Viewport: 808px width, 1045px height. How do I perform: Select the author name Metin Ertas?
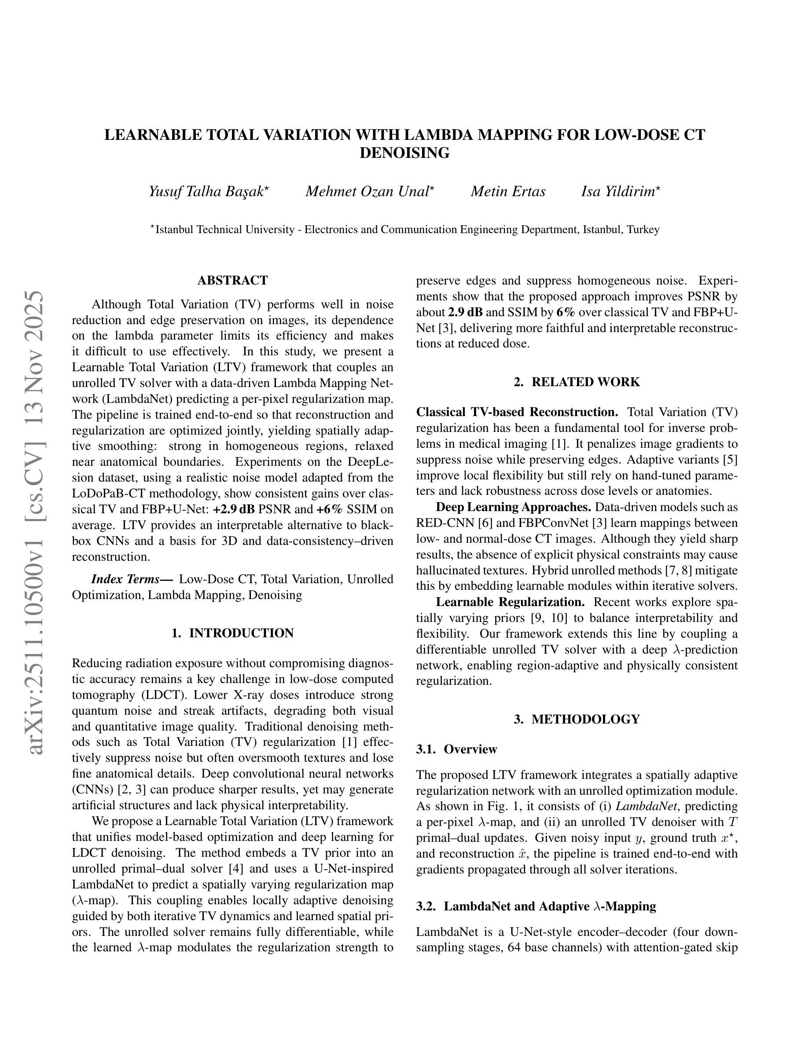click(508, 192)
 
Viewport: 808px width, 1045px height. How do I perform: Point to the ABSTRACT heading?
click(233, 281)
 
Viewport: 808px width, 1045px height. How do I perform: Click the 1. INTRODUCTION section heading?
click(233, 633)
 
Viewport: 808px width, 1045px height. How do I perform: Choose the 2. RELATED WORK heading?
click(577, 382)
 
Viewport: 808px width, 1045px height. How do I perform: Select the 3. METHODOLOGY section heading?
click(577, 719)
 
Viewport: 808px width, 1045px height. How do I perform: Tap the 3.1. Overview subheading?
click(457, 749)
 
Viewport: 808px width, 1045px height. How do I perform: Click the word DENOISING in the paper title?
click(404, 153)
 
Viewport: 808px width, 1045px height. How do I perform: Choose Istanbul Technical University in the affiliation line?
click(225, 230)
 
